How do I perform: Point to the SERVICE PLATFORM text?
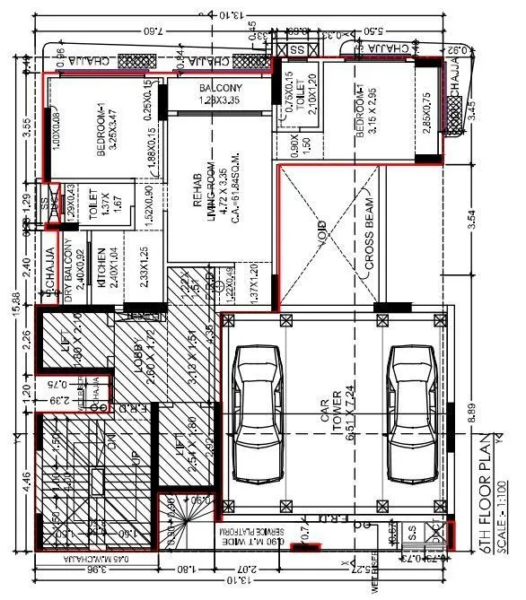[x=261, y=537]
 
